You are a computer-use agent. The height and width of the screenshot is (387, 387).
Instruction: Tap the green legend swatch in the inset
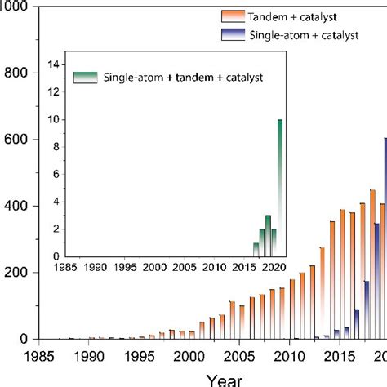click(x=85, y=77)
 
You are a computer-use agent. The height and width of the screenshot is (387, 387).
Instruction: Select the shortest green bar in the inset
click(x=256, y=249)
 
